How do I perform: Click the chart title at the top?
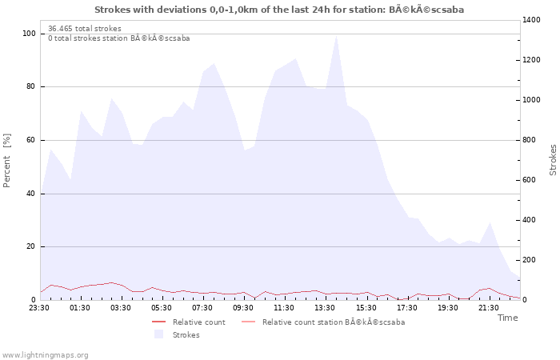[279, 10]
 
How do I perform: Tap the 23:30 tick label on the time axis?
[39, 308]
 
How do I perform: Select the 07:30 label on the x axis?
[202, 308]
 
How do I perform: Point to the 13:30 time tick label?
[325, 308]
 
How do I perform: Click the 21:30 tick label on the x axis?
[488, 308]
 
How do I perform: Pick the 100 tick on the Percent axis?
[29, 34]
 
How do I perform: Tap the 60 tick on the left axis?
[30, 140]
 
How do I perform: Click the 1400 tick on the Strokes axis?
[531, 20]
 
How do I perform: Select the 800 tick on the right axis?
[530, 140]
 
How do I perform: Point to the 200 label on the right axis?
[530, 260]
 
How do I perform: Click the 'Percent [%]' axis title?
[6, 160]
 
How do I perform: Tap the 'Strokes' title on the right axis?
[553, 160]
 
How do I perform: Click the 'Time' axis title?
[507, 318]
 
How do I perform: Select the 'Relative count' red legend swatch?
[158, 322]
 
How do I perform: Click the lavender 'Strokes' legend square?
[158, 334]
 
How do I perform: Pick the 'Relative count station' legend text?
[334, 322]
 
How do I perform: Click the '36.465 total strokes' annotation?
[85, 29]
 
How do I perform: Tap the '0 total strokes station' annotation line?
[119, 38]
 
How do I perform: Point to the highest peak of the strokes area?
[336, 35]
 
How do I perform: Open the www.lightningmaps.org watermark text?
[45, 355]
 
